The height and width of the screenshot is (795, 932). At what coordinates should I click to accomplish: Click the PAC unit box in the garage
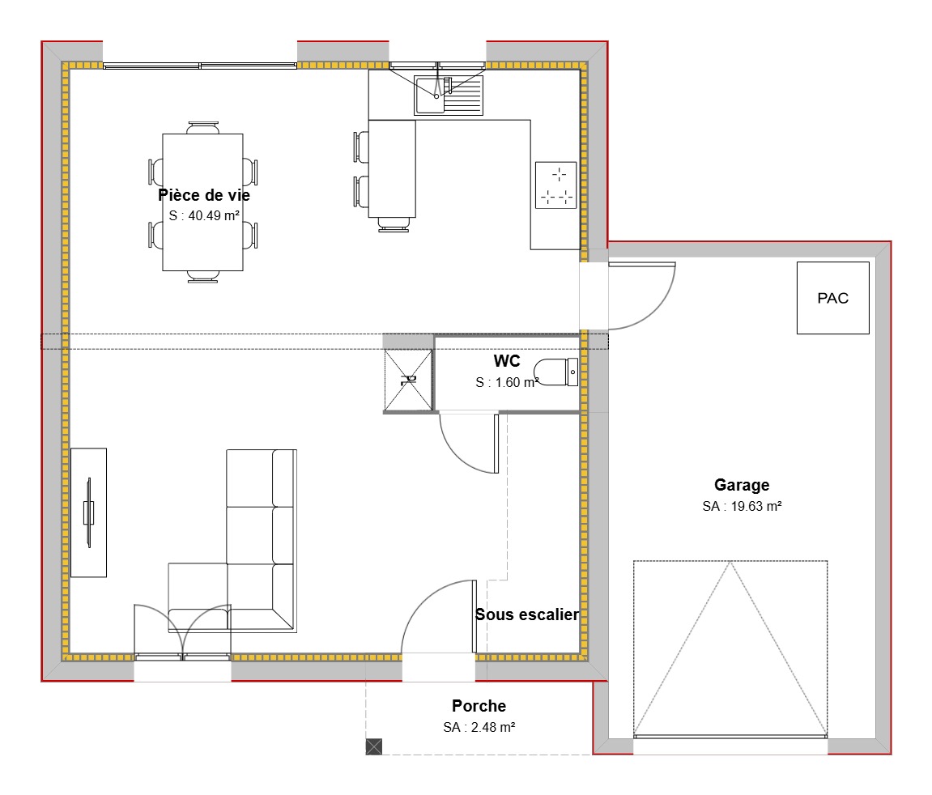click(832, 298)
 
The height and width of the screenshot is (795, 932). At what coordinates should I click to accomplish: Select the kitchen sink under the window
click(448, 95)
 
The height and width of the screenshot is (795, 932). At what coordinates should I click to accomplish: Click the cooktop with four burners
click(555, 185)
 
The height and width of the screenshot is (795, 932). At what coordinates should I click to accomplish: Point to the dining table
click(202, 202)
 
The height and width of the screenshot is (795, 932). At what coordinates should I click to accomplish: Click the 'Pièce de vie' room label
click(204, 195)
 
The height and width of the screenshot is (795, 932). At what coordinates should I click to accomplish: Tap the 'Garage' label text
click(741, 485)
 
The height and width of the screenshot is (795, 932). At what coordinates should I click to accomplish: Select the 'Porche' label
click(479, 707)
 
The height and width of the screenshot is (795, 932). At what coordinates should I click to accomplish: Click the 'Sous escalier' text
click(526, 614)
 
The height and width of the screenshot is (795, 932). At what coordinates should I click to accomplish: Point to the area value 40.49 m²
click(204, 215)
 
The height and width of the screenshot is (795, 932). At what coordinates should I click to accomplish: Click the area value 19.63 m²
click(741, 506)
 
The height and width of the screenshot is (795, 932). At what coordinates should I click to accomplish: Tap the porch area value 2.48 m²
click(479, 727)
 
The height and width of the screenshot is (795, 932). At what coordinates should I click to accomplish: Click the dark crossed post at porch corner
click(373, 746)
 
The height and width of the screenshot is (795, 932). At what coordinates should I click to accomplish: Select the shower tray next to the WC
click(409, 379)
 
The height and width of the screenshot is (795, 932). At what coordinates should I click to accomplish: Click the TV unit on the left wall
click(88, 512)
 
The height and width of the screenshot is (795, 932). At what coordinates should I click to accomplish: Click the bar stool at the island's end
click(393, 225)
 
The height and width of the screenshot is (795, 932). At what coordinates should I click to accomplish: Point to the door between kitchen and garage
click(640, 295)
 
